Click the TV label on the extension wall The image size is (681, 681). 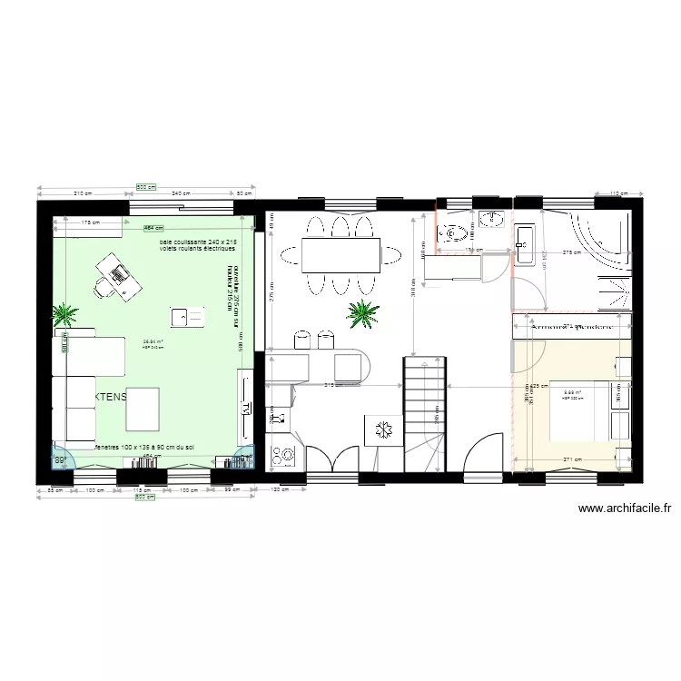[x=245, y=409]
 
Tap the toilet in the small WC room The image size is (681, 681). [x=453, y=235]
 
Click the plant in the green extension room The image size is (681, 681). [x=64, y=315]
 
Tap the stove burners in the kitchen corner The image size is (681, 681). [x=281, y=454]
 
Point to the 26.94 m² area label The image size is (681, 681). [x=152, y=341]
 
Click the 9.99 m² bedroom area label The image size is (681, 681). [x=573, y=393]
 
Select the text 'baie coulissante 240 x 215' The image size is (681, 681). [x=198, y=242]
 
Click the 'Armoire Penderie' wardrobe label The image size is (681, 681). [x=569, y=326]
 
